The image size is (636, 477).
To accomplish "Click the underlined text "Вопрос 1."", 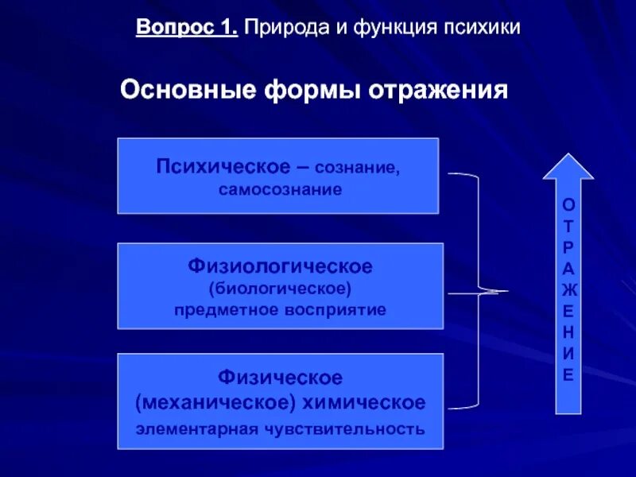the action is coord(187,29).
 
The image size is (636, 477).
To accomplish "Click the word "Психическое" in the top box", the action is coord(222,167).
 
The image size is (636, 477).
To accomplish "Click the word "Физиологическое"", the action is coord(280,263).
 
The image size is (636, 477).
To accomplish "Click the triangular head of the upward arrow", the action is coord(568,167).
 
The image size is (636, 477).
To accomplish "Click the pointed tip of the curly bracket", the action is coord(505,292).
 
